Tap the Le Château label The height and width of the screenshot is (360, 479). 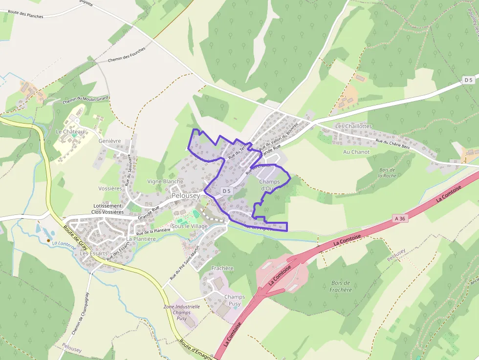coord(70,132)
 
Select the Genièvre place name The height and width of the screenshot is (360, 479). coord(109,141)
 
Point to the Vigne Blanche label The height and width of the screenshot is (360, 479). coord(165,182)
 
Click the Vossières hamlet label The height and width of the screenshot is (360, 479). coord(110,189)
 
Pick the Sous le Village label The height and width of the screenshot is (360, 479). coord(190,226)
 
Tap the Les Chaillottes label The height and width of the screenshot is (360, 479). coord(353,126)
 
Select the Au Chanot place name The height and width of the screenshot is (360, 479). coord(356,152)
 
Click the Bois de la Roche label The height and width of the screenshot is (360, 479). coord(387,172)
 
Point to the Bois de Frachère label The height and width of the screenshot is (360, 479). coord(341,286)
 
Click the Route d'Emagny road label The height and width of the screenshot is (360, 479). coord(196,350)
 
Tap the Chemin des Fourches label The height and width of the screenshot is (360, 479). coord(127,55)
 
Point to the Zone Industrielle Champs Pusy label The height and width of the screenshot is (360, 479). coord(181,312)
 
